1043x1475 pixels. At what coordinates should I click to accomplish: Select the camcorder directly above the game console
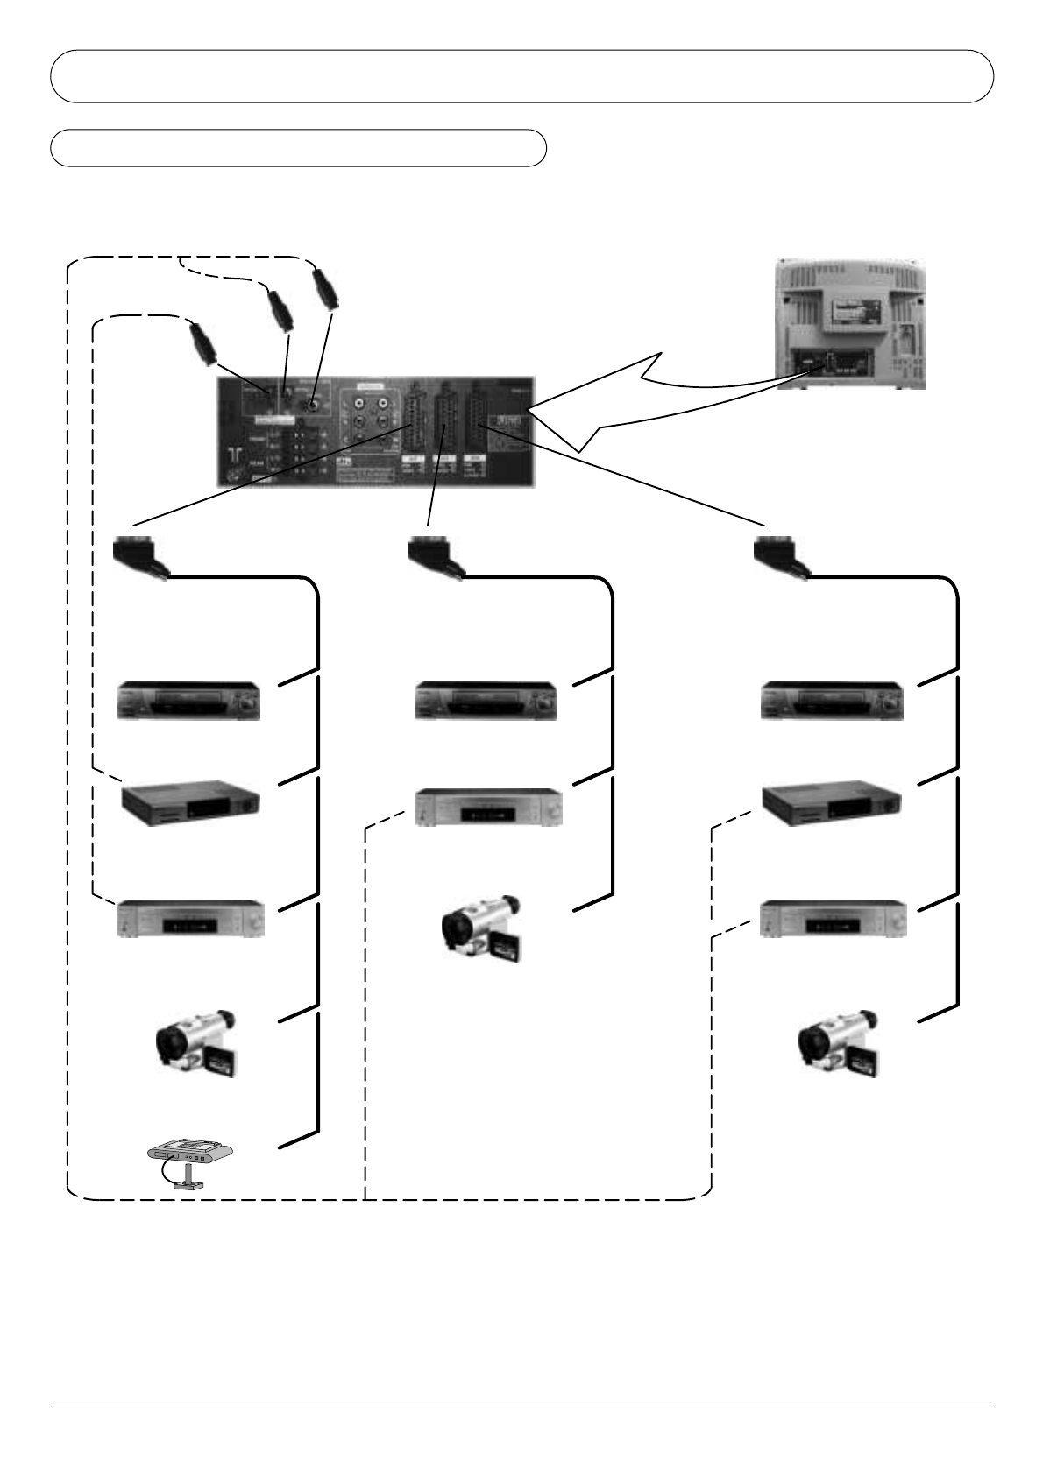[x=196, y=1043]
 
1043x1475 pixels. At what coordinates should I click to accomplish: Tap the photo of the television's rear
[x=850, y=323]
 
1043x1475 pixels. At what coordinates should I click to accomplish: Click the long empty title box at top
[x=521, y=76]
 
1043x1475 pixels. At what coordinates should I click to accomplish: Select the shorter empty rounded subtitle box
[x=298, y=148]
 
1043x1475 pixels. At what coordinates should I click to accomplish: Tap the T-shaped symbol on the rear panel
[x=236, y=453]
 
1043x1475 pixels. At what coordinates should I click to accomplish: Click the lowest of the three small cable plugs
[x=202, y=344]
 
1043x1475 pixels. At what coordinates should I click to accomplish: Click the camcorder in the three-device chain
[x=483, y=928]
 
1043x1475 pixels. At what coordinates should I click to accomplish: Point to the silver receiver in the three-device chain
[x=486, y=807]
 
